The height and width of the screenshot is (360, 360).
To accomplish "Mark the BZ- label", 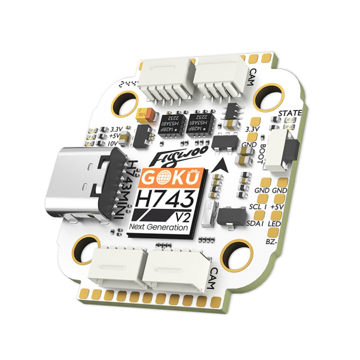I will pos(272,242).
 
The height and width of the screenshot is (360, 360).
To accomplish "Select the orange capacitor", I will pos(143,113).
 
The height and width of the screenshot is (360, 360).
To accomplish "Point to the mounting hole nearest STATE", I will pos(269,94).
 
